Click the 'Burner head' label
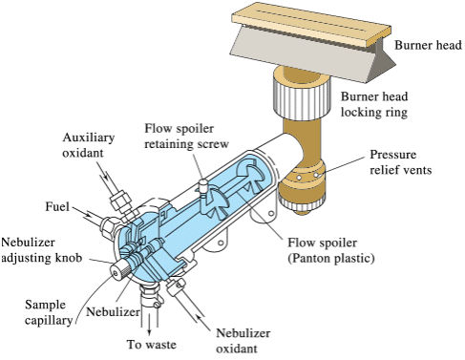[x=428, y=45]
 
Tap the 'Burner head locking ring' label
[x=374, y=104]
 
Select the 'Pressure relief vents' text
[x=400, y=162]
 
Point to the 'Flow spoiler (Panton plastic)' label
[x=331, y=250]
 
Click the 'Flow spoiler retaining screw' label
[x=186, y=137]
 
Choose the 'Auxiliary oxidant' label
[x=88, y=145]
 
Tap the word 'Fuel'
[x=57, y=206]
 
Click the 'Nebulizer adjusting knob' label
[x=41, y=250]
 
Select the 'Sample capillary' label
[x=49, y=312]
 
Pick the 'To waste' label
[x=151, y=345]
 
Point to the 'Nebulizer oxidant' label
[x=243, y=341]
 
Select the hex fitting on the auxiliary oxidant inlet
[x=120, y=200]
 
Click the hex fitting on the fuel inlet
[x=108, y=226]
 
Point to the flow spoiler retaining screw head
[x=203, y=183]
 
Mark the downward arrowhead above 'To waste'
[x=149, y=332]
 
